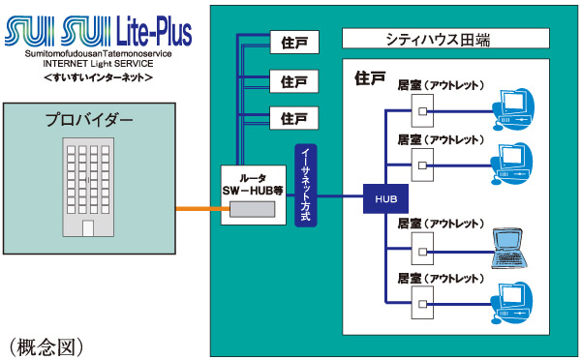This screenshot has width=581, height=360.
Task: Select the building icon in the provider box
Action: [88, 187]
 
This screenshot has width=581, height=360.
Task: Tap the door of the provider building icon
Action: [88, 227]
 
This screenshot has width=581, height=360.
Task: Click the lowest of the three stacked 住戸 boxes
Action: [293, 118]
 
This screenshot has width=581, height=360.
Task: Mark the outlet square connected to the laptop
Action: [422, 254]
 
